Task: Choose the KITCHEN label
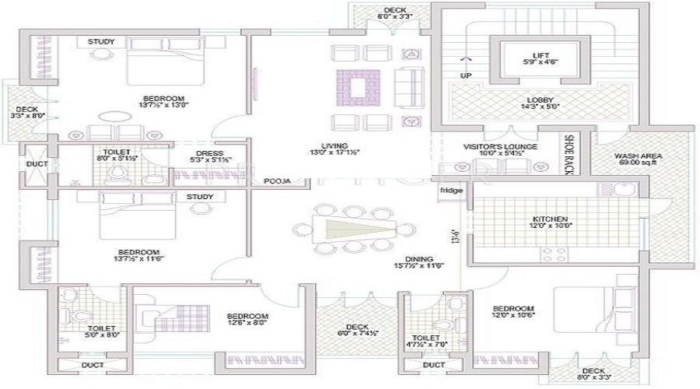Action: click(550, 219)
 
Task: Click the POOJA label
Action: click(277, 180)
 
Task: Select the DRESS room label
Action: click(211, 153)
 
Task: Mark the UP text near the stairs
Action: click(466, 75)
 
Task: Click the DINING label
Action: click(418, 259)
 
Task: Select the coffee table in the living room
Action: click(357, 86)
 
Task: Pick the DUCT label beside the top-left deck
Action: click(37, 165)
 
